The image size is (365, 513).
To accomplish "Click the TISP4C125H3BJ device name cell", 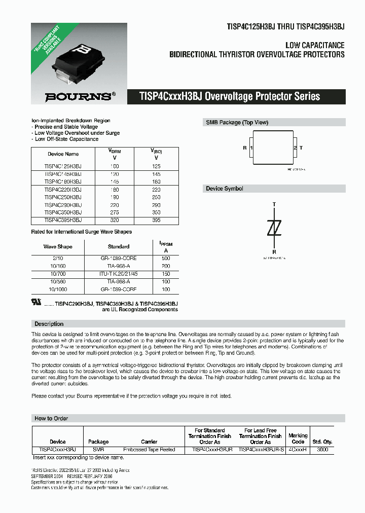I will [63, 166].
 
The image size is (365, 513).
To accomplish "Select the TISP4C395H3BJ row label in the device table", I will [63, 220].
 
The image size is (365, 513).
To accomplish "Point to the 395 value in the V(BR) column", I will [156, 220].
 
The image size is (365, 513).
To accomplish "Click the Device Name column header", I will [63, 154].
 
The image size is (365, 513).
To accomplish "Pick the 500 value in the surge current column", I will [166, 258].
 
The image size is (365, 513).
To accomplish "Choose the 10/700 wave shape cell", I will [57, 273].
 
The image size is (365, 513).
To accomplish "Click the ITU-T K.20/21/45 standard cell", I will [119, 273].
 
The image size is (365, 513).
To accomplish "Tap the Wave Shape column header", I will [58, 246].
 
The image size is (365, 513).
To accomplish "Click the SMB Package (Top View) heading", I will [237, 123].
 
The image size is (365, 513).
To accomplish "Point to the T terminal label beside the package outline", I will [301, 148].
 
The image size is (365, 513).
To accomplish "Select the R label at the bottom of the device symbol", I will [274, 251].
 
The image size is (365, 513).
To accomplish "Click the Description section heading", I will [49, 323].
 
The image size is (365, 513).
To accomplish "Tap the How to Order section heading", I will [51, 418].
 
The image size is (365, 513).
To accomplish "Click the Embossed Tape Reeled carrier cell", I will [149, 449].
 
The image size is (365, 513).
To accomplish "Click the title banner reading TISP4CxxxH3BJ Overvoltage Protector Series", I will [230, 96].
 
